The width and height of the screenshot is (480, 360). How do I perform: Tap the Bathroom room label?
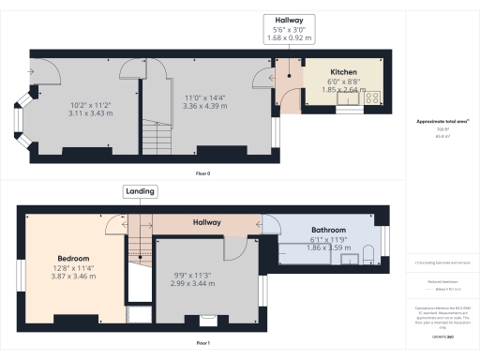pyautogui.click(x=329, y=230)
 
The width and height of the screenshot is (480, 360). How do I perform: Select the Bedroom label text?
pyautogui.click(x=72, y=257)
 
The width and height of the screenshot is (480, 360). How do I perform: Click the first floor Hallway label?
pyautogui.click(x=207, y=223)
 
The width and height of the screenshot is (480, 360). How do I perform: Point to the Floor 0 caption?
pyautogui.click(x=202, y=174)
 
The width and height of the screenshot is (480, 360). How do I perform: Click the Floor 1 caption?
pyautogui.click(x=202, y=343)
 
